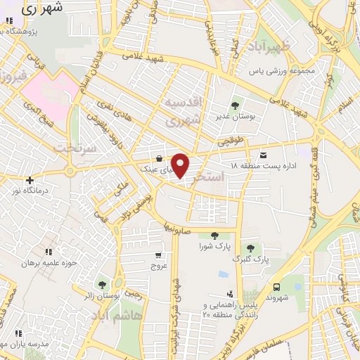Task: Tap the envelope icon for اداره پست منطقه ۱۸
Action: (x=264, y=155)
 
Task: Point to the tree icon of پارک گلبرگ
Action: (x=248, y=247)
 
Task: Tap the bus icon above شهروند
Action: (x=276, y=286)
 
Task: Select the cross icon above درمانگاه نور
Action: (x=29, y=180)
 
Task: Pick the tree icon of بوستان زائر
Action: (x=102, y=285)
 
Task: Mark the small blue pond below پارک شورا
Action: (x=223, y=274)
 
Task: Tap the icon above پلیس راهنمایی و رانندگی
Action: (x=229, y=295)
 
